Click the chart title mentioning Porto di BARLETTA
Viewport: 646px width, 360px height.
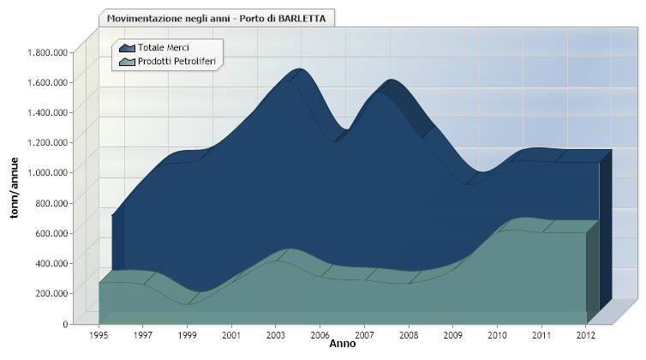tap(216, 19)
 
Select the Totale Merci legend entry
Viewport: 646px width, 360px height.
tap(154, 48)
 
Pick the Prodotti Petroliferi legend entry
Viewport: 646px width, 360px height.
tap(167, 62)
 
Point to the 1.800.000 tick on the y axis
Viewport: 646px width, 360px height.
tap(47, 52)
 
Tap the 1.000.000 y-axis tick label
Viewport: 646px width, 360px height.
tap(47, 172)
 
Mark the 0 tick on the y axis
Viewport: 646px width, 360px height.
tap(65, 324)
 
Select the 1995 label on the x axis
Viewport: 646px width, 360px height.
tap(99, 335)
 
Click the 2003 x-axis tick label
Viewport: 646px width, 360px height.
tap(276, 335)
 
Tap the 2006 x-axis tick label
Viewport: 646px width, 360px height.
tap(320, 335)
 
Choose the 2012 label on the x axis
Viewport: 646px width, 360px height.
tap(586, 335)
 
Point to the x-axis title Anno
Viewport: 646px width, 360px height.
tap(343, 344)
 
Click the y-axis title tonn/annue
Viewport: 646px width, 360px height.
tap(15, 188)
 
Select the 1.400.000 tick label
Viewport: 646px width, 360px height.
tap(47, 112)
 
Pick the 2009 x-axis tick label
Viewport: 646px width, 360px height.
tap(452, 335)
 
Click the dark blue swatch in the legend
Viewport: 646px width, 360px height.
tap(127, 48)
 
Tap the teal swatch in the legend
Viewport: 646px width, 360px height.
tap(127, 62)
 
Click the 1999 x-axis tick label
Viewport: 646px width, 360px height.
tap(187, 335)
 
